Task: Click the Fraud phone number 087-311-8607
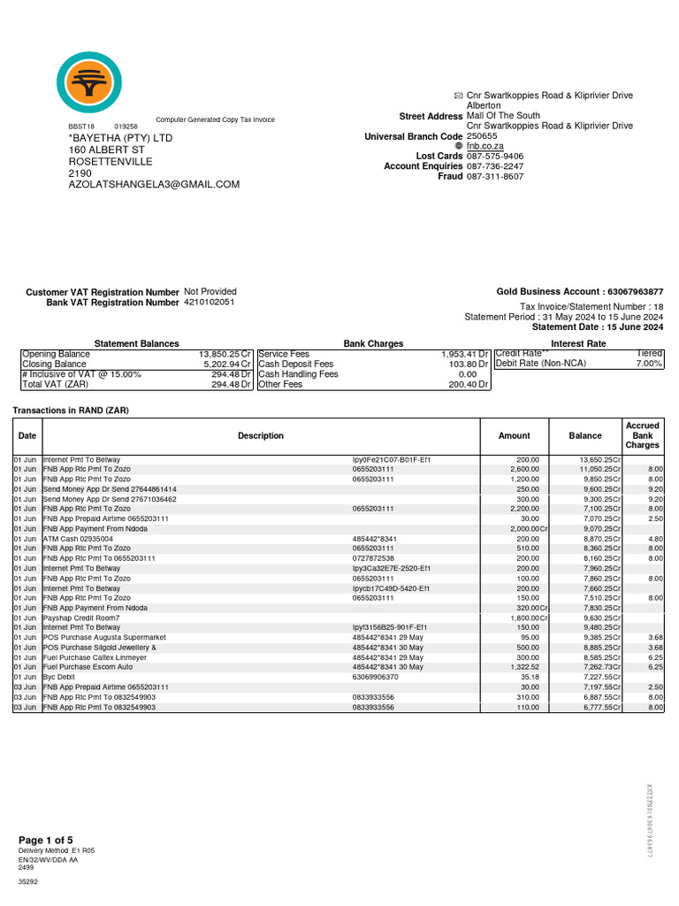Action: [494, 177]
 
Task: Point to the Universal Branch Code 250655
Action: [483, 136]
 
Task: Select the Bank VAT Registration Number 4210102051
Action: [210, 303]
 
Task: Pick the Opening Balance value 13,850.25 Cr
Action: [225, 354]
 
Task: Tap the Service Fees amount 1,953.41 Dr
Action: [465, 354]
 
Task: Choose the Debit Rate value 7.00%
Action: [649, 364]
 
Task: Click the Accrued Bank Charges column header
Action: [642, 435]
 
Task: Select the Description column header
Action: [261, 435]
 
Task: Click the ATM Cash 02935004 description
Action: [78, 538]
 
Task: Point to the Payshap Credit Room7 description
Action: [81, 618]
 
